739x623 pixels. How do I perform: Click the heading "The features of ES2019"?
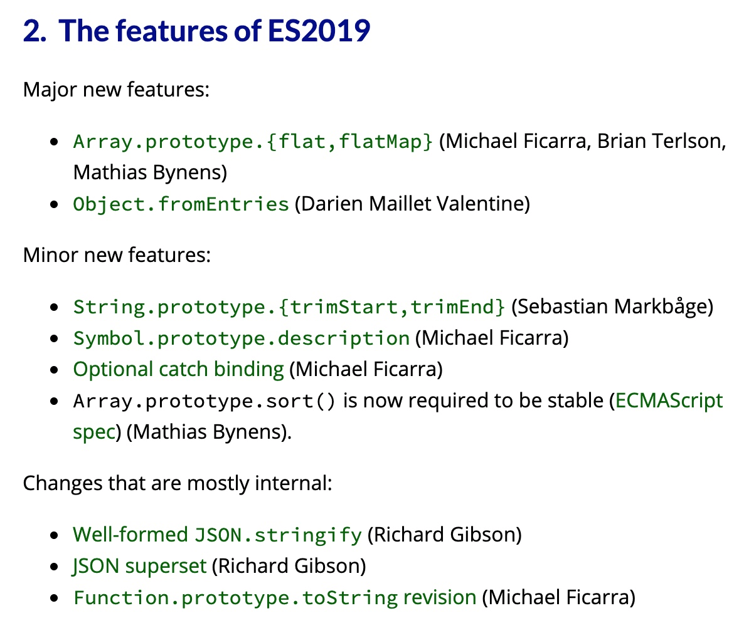tap(215, 31)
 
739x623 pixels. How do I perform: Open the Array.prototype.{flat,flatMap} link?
tap(253, 141)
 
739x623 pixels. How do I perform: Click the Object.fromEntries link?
tap(181, 204)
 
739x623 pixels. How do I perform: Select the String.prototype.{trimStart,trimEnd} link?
tap(289, 307)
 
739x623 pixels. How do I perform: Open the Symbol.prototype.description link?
tap(242, 338)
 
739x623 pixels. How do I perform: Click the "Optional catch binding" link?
tap(179, 370)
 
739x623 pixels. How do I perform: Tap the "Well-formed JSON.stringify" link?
tap(217, 535)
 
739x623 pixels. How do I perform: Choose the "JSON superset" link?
tap(139, 566)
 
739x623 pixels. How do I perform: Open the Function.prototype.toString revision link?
tap(275, 597)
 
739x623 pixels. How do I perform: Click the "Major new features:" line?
tap(117, 90)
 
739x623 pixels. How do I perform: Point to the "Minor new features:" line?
tap(117, 254)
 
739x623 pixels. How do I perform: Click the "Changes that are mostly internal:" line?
tap(178, 483)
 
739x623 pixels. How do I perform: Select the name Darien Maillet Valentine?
tap(412, 204)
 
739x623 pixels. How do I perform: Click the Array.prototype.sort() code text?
tap(204, 401)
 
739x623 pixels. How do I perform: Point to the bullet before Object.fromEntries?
tap(54, 205)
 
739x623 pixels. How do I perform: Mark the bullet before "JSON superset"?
tap(54, 567)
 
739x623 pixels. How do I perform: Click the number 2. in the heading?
tap(35, 31)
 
